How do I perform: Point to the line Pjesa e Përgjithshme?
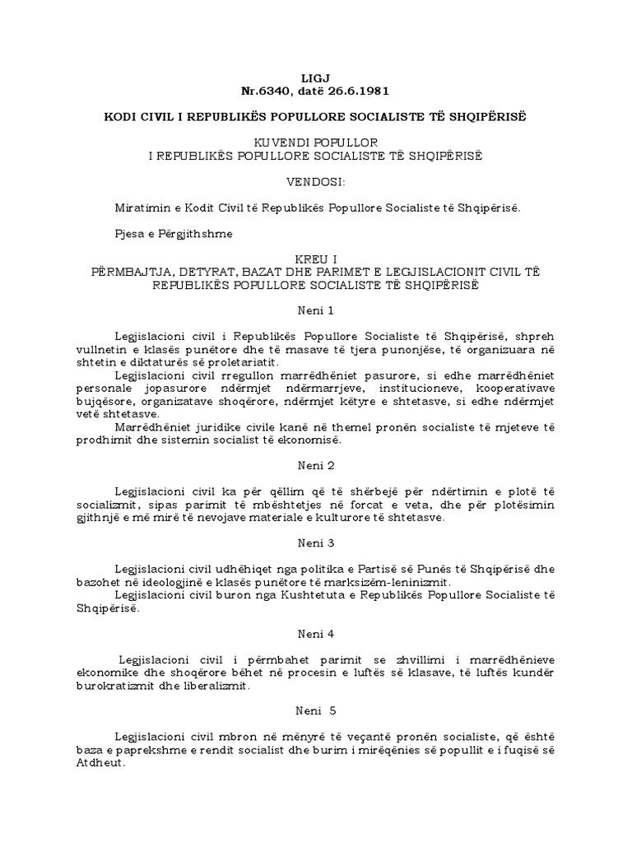tap(174, 233)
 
